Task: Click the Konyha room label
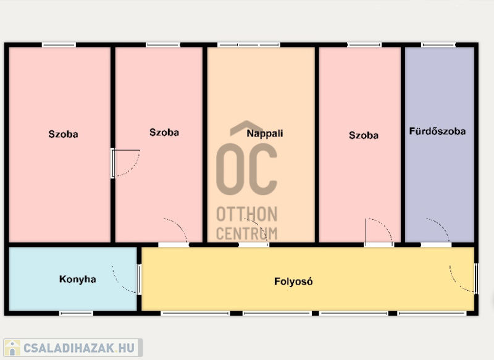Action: [78, 279]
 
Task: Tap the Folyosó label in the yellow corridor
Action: [293, 281]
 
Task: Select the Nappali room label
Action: [265, 133]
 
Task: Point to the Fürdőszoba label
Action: [437, 131]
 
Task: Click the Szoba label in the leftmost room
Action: [63, 134]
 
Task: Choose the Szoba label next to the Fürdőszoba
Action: [364, 135]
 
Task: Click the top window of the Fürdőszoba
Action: [438, 45]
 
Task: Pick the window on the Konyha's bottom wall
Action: [76, 314]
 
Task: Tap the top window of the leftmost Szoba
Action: [59, 45]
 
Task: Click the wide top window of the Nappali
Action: [249, 45]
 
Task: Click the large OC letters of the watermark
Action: [246, 169]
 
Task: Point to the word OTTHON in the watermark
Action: [246, 214]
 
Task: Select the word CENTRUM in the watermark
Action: [246, 233]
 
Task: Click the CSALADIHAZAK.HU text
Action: [79, 348]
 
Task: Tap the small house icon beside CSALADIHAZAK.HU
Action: [12, 348]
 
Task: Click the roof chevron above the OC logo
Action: [246, 128]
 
